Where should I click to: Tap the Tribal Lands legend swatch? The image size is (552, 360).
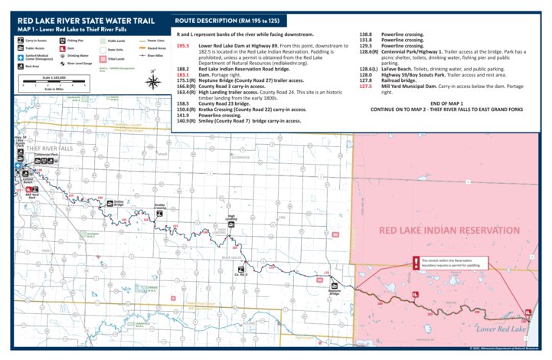(x=102, y=58)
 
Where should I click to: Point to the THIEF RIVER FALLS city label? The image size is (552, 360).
(x=50, y=148)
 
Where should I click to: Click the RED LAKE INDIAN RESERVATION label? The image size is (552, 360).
(x=449, y=230)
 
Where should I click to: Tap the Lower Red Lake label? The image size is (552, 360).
(x=501, y=329)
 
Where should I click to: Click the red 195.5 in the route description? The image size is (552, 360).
(x=183, y=45)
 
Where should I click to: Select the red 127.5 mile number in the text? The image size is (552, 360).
(x=366, y=87)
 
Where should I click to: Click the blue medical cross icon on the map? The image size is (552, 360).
(x=18, y=165)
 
